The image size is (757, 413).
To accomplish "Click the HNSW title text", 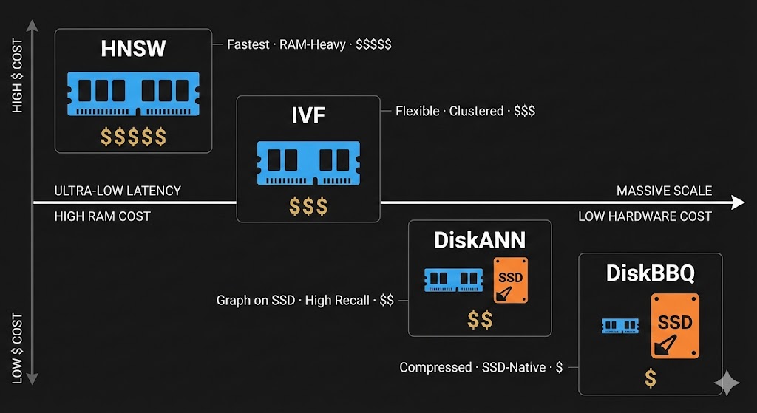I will pos(133,50).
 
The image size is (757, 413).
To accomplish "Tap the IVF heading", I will pos(308,116).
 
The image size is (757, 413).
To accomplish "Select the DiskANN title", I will pos(480,239).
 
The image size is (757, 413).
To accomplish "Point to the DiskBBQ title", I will pos(650,273).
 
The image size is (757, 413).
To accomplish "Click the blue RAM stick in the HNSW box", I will pos(133,93).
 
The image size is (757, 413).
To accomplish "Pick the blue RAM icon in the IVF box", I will pos(308,163).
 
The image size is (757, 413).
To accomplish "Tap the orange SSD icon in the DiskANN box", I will pos(511,280).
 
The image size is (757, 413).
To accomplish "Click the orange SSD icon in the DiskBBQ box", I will pos(674,325).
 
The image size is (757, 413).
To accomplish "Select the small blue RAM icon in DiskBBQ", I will pos(619,325).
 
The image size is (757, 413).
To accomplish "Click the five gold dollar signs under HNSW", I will pos(133,137).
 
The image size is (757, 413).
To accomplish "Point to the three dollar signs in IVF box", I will pos(308,206).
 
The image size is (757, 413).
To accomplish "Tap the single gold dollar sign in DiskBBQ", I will pos(650,378).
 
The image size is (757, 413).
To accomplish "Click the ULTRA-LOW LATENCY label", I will pos(118,191).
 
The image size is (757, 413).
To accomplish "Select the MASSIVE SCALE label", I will pos(664,191).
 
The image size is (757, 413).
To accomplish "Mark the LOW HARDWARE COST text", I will pos(645,216).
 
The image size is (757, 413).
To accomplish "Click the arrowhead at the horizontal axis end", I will pos(738,202).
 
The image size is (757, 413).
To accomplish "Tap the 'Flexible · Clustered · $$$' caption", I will pos(465,111).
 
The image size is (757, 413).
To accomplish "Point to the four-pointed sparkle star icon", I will pos(726,383).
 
